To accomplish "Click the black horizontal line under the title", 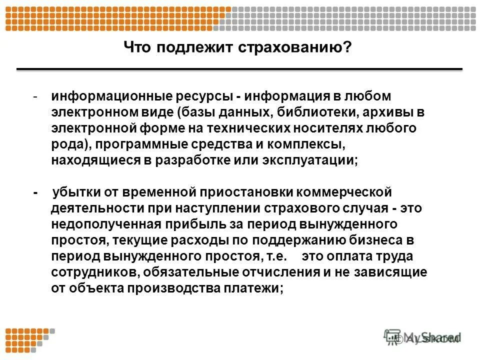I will pyautogui.click(x=239, y=69).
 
